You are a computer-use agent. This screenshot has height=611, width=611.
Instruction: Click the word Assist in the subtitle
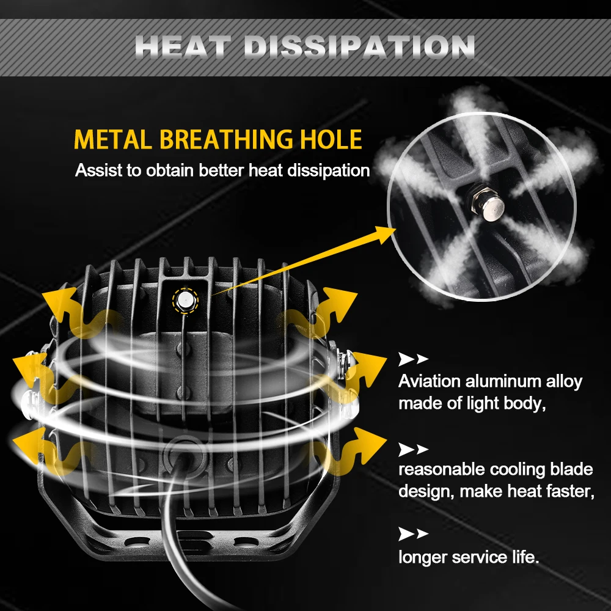[x=98, y=170]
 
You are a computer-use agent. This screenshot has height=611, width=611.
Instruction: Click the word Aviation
[x=429, y=382]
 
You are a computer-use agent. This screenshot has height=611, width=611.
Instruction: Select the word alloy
[x=563, y=382]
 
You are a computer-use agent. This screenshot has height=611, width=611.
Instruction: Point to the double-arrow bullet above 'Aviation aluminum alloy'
[x=413, y=359]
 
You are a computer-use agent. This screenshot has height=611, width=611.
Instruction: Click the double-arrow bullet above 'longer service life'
[x=413, y=535]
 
